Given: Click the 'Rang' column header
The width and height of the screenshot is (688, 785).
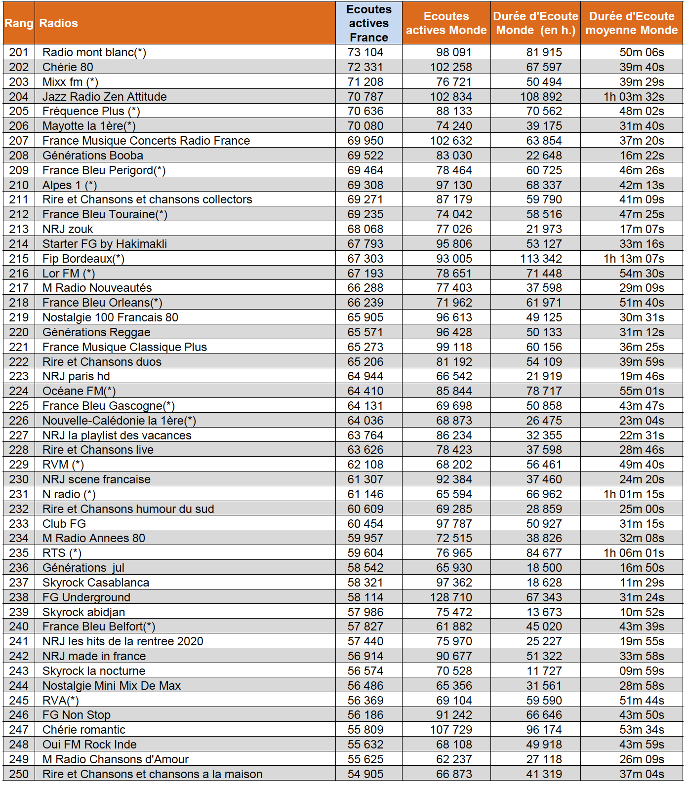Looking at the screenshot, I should pyautogui.click(x=19, y=23).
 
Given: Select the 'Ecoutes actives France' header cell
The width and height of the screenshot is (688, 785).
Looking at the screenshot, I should pyautogui.click(x=368, y=23).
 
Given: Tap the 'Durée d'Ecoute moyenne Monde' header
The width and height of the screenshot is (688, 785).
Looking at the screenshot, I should pyautogui.click(x=631, y=23).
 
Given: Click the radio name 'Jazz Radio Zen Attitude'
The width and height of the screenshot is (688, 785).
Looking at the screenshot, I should pyautogui.click(x=104, y=97).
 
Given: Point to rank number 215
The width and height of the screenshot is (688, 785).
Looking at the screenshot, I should pyautogui.click(x=19, y=259).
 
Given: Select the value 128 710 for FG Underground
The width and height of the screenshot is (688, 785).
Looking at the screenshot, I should pyautogui.click(x=451, y=597).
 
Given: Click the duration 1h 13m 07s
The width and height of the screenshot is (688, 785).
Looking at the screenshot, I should pyautogui.click(x=634, y=259).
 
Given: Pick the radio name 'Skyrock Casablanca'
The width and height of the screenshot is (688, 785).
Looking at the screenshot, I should pyautogui.click(x=95, y=583).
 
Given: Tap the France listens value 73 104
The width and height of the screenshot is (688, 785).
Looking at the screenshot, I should pyautogui.click(x=365, y=52).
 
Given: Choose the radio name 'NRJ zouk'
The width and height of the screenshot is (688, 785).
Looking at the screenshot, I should pyautogui.click(x=68, y=229).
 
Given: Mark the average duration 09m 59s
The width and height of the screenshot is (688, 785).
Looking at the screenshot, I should pyautogui.click(x=642, y=671).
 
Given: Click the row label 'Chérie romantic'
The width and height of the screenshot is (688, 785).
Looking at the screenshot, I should pyautogui.click(x=84, y=730).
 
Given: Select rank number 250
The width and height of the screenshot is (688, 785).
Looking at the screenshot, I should pyautogui.click(x=19, y=774).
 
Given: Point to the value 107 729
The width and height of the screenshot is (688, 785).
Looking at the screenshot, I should pyautogui.click(x=451, y=730).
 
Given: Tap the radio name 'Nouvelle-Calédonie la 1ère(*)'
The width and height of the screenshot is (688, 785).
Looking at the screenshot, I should pyautogui.click(x=119, y=421).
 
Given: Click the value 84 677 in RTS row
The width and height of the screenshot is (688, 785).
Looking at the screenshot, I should pyautogui.click(x=544, y=553).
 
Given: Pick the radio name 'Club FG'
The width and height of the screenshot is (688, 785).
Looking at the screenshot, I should pyautogui.click(x=64, y=524).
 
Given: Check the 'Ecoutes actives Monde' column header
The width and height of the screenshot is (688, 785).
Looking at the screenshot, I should pyautogui.click(x=446, y=23).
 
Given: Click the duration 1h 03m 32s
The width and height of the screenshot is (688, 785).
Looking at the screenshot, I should pyautogui.click(x=634, y=97).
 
